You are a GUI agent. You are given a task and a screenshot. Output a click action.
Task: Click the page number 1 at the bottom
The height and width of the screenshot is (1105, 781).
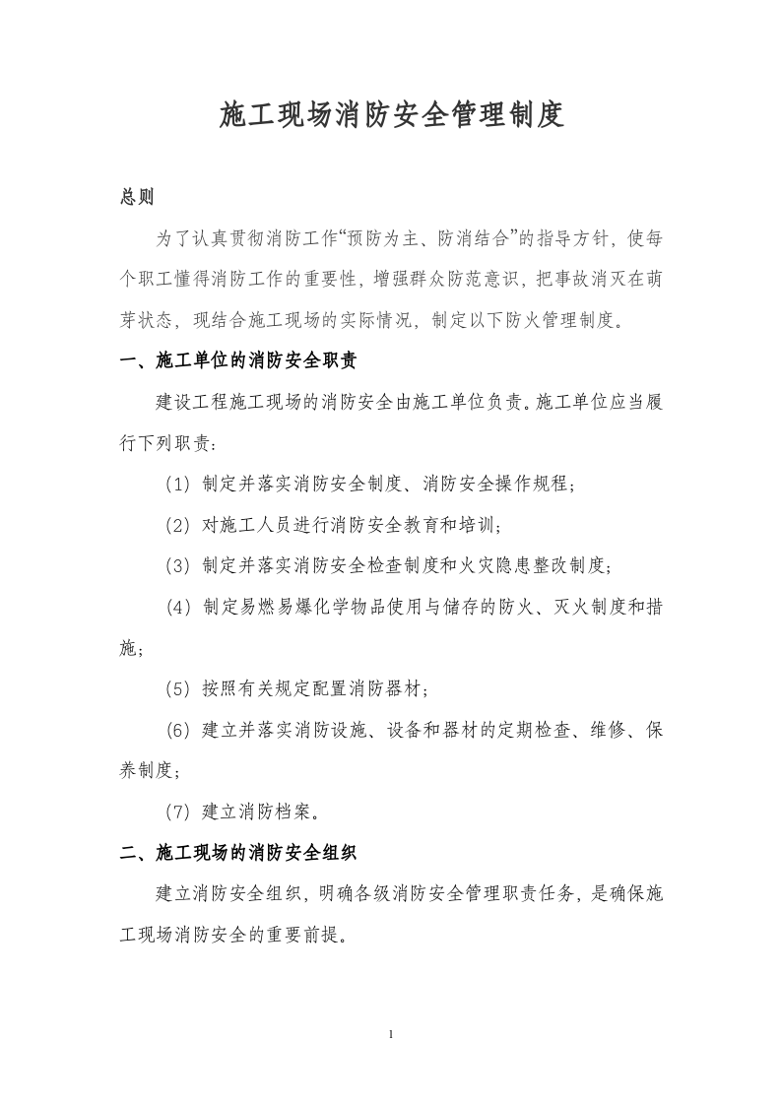coord(392,1034)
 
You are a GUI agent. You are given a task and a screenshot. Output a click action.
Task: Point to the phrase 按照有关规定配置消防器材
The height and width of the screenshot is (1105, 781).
coord(314,688)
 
